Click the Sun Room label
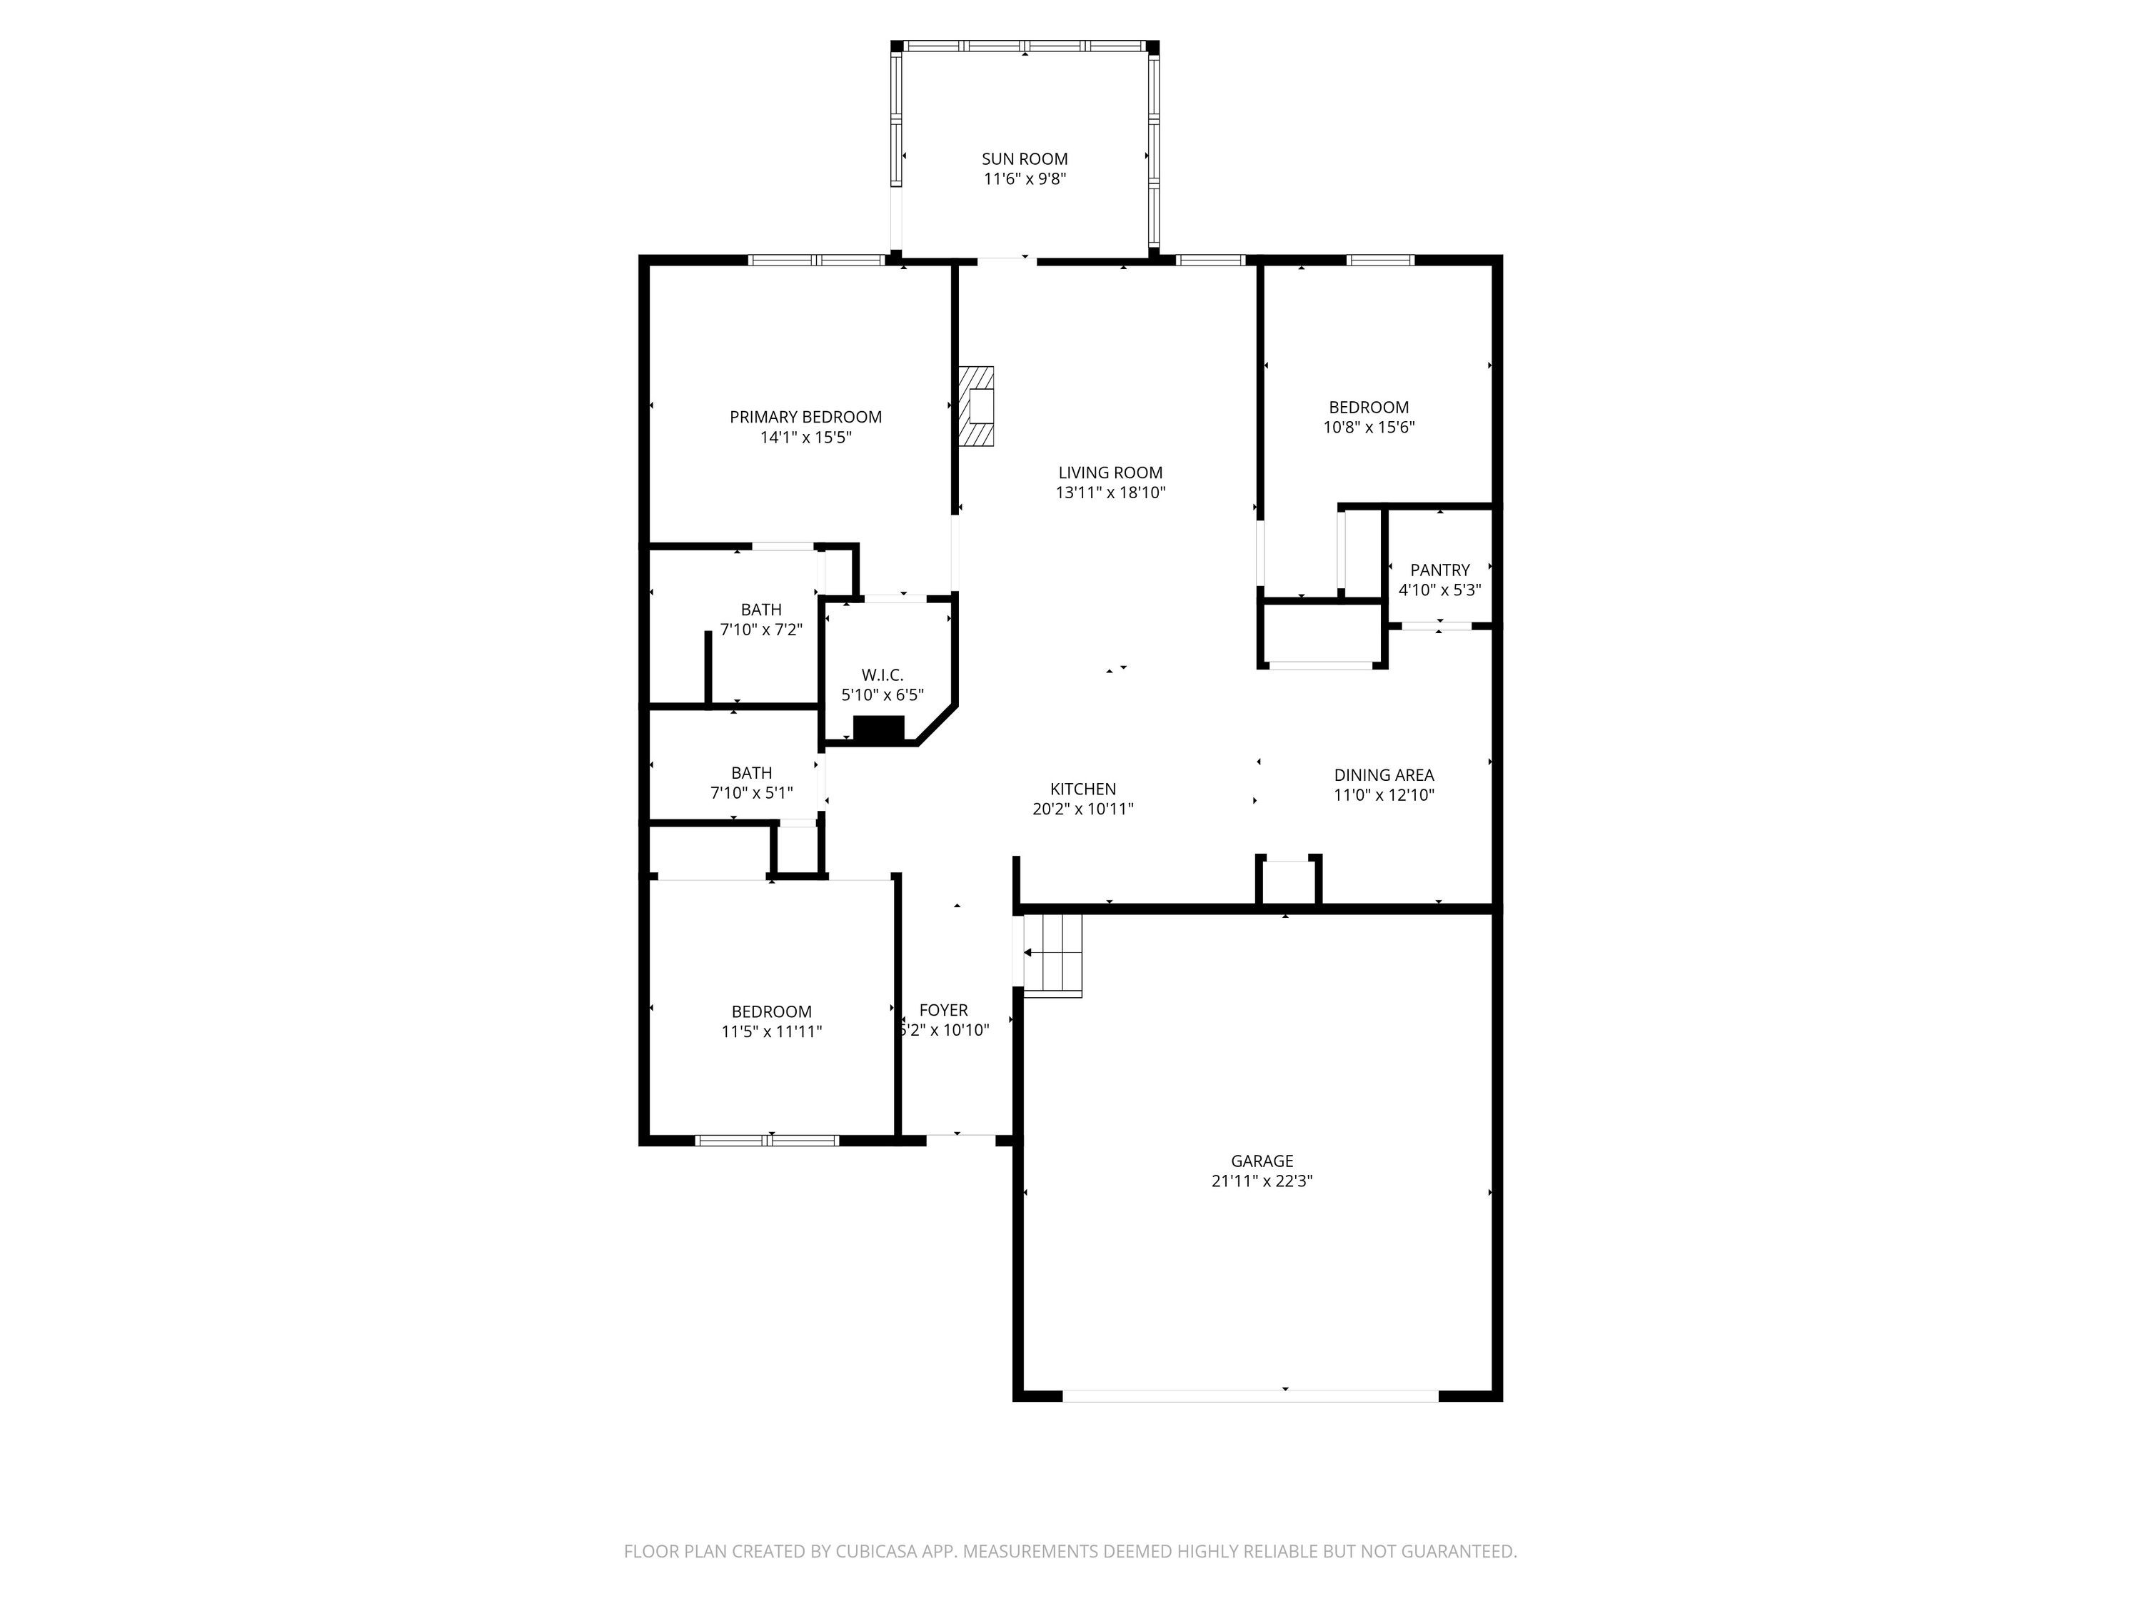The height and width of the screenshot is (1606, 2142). coord(1025,158)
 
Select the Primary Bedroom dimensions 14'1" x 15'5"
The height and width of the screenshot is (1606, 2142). coord(805,438)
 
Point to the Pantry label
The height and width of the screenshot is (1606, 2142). coord(1440,570)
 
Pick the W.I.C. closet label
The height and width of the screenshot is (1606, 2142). coord(883,675)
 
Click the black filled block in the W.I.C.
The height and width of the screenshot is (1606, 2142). coord(878,729)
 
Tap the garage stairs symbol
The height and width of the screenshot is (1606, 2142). coord(1052,954)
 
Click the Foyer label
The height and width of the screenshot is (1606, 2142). coord(943,1011)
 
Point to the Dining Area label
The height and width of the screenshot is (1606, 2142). coord(1384,774)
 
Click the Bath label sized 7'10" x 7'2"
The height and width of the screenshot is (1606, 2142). coord(761,610)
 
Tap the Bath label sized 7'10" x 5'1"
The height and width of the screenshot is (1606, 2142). coord(751,772)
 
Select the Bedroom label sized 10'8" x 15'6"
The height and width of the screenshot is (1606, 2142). coord(1368,408)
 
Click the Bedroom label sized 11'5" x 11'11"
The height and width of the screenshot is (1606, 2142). coord(772,1011)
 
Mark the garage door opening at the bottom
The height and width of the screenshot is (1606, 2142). coord(1251,1396)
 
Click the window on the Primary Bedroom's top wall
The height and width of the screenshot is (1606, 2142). coord(818,259)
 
